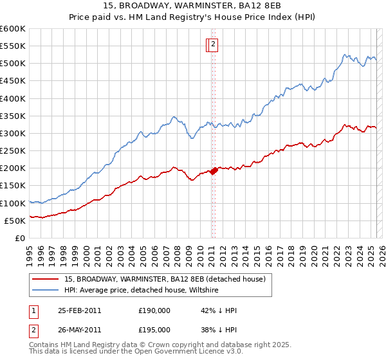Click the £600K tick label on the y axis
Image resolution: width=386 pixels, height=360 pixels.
coord(13,29)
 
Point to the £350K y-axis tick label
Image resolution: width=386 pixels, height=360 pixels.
coord(13,116)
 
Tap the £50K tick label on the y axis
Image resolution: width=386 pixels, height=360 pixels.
coord(15,221)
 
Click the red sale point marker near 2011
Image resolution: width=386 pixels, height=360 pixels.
coord(214,170)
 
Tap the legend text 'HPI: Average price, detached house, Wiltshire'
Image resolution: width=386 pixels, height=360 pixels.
coord(142,291)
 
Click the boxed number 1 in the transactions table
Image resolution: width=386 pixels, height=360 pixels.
coord(33,310)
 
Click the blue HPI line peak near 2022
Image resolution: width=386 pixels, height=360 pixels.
coord(345,55)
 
